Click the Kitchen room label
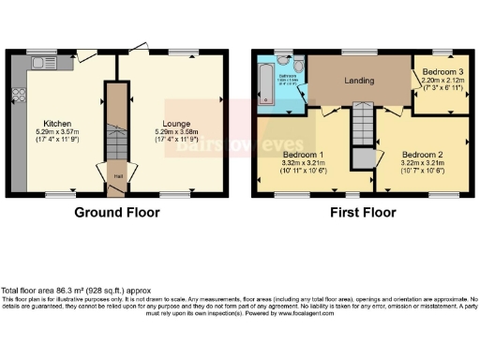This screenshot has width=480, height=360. point(58,123)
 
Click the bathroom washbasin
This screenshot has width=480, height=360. point(281,63)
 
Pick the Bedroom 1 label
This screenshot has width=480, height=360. point(303,154)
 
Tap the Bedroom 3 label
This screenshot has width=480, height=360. point(442,72)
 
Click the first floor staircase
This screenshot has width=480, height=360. point(362,124)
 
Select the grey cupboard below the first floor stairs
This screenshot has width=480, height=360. point(362,157)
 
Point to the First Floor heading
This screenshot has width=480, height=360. point(362,213)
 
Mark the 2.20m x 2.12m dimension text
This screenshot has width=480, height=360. point(442,81)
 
